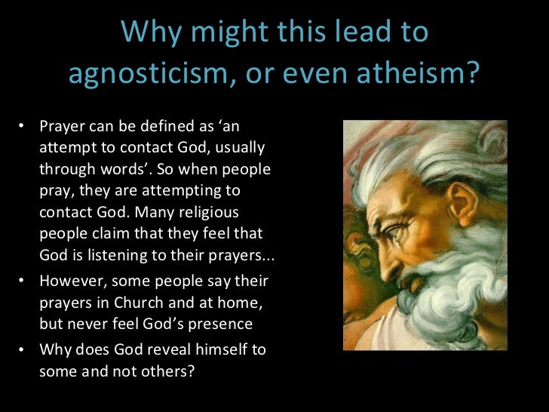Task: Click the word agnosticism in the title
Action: pos(149,74)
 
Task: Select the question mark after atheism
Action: pos(471,74)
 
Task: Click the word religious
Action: pos(226,212)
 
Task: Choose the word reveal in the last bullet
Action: pos(169,351)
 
